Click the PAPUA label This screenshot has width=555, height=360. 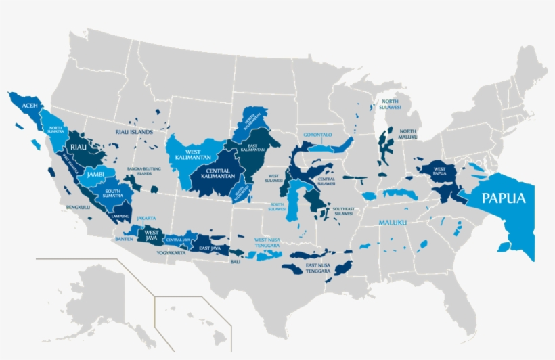(503, 199)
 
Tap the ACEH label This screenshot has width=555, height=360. (29, 106)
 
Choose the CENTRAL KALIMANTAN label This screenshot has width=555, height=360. (217, 173)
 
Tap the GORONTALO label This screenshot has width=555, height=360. (317, 135)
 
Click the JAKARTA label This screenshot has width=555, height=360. (146, 218)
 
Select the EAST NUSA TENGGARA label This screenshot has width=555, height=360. (317, 268)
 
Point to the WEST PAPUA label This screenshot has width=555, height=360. (439, 172)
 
